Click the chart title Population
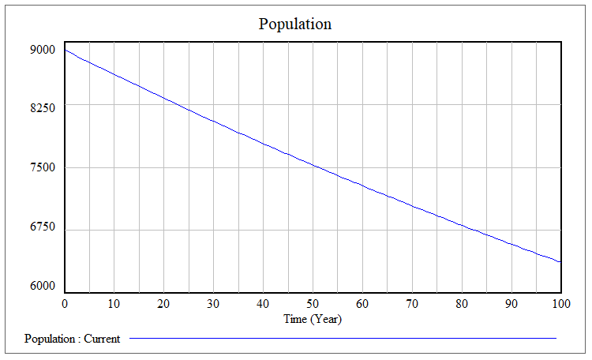point(295,24)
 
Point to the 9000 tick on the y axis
point(43,50)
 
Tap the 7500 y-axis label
point(43,167)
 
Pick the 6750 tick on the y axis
point(43,227)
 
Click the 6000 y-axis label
point(43,286)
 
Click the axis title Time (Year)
point(313,319)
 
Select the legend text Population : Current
point(73,339)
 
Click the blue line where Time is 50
point(313,166)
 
